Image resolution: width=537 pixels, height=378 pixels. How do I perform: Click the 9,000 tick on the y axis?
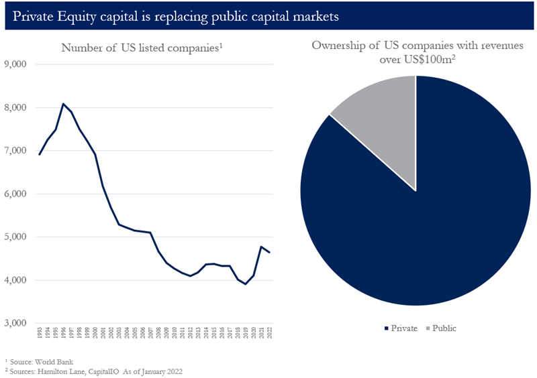coord(15,64)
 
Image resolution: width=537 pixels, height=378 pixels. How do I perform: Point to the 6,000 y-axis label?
coord(15,194)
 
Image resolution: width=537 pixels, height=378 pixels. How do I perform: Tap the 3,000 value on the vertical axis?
coord(15,323)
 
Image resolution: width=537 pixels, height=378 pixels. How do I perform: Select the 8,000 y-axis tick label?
coord(15,107)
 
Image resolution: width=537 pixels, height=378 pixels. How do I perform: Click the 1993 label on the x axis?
coord(40,333)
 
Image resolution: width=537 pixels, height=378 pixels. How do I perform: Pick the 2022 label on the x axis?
coord(270,333)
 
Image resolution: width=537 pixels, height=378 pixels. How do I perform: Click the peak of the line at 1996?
coord(63,104)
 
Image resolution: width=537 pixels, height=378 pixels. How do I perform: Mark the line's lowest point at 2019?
coord(246,284)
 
